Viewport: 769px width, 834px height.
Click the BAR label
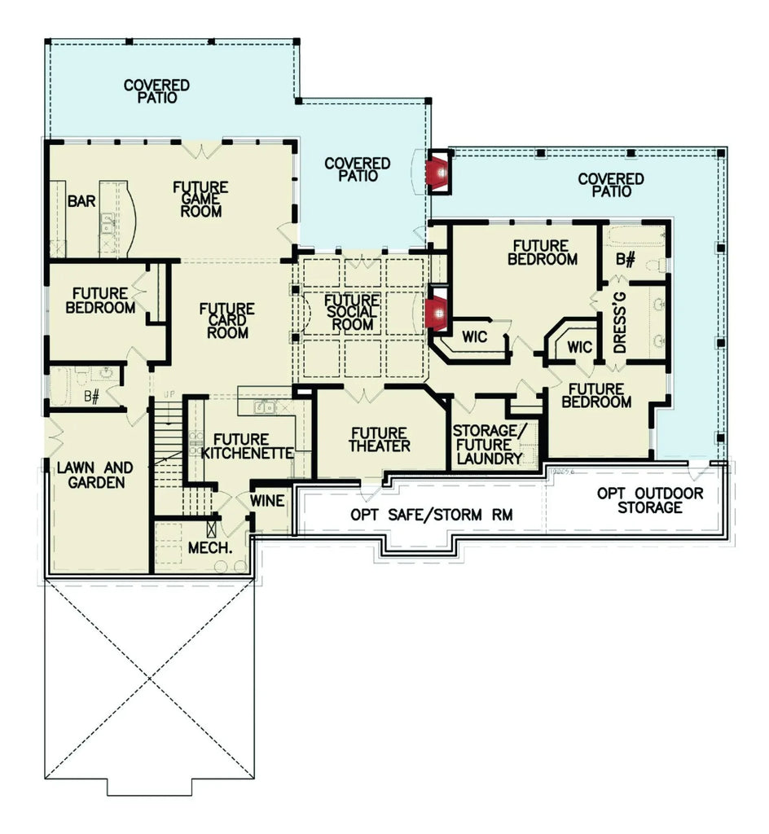(x=81, y=200)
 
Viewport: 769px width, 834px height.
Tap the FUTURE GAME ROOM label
(x=200, y=200)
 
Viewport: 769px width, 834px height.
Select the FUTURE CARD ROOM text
(x=227, y=321)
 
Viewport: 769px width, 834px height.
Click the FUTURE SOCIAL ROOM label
(x=351, y=312)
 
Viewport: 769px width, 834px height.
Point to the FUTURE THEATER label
(x=380, y=440)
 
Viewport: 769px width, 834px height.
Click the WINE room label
(x=269, y=501)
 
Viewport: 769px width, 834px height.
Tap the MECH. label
(x=211, y=547)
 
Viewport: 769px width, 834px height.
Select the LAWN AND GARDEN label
(x=94, y=475)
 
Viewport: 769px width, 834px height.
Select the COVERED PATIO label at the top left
(x=156, y=90)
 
